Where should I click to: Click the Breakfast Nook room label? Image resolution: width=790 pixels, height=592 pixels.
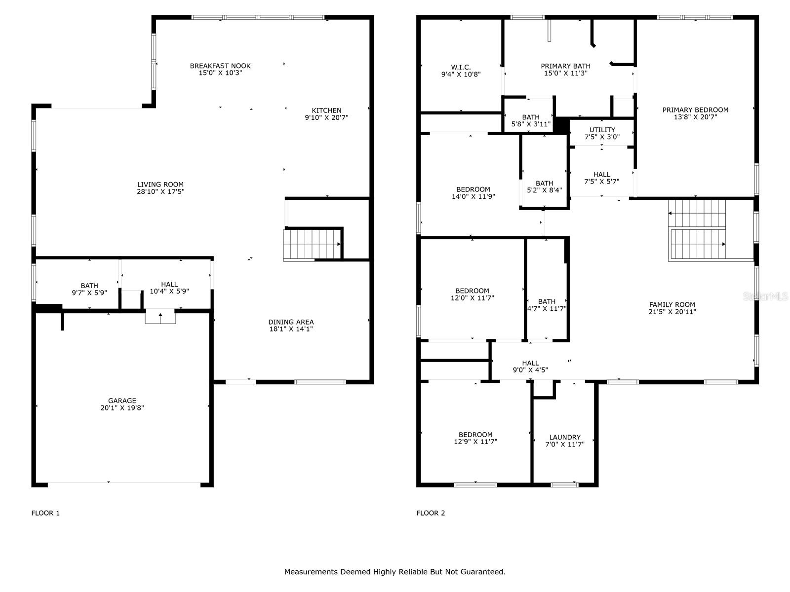tap(220, 66)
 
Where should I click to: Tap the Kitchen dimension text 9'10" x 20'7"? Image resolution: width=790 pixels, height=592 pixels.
tap(326, 118)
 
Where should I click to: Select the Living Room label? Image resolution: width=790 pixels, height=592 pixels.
tap(160, 185)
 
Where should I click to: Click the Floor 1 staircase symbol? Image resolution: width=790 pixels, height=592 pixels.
tap(312, 244)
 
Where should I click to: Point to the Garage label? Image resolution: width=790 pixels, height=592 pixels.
tap(122, 401)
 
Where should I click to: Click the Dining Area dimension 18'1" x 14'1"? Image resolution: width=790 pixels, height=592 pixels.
tap(291, 329)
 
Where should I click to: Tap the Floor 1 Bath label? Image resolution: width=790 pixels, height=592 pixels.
tap(89, 286)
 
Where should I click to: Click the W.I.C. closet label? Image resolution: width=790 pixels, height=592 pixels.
tap(461, 67)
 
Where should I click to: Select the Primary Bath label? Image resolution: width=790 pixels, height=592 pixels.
tap(565, 66)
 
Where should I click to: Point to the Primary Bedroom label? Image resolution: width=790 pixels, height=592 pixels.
tap(695, 110)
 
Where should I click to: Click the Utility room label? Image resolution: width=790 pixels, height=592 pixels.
tap(602, 130)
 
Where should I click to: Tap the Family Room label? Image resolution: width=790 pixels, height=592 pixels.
tap(672, 305)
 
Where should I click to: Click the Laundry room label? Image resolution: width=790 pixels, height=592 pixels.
tap(565, 437)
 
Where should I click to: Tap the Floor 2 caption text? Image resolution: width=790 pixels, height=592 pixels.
tap(431, 513)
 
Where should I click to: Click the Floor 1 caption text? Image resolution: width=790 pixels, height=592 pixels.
tap(45, 513)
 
